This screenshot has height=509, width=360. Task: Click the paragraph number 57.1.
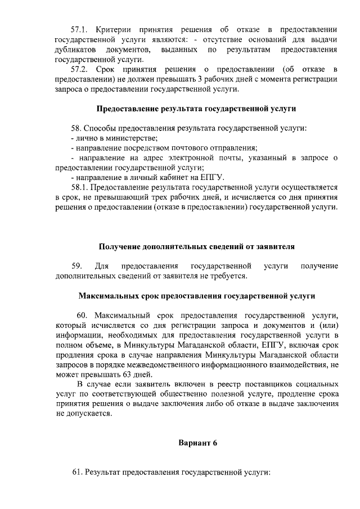coord(79,28)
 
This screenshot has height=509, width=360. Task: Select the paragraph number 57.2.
coord(79,69)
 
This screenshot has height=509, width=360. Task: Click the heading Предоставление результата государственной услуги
coord(196,108)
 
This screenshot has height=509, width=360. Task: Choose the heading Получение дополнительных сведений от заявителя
coord(196,246)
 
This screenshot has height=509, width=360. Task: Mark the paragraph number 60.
coord(82,315)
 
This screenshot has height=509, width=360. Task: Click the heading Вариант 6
coord(197,443)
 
